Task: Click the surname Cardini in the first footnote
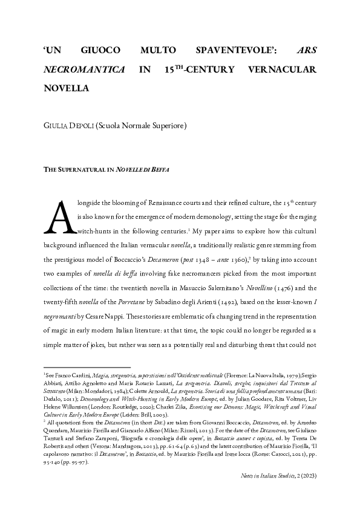pyautogui.click(x=85, y=376)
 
